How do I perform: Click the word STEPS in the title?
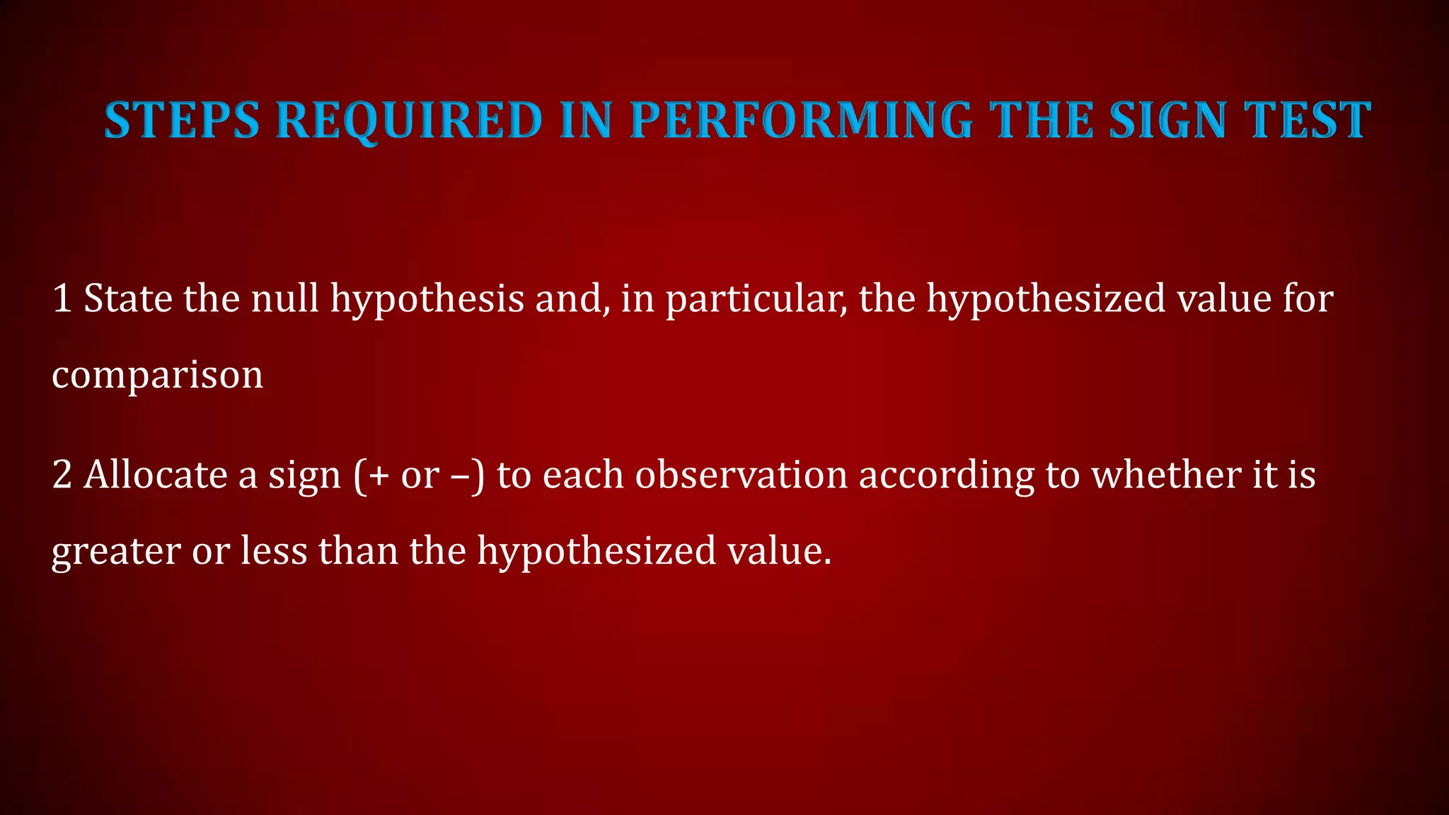coord(182,120)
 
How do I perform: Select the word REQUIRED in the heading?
coord(410,120)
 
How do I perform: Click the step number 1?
coord(62,299)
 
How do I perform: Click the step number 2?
coord(62,475)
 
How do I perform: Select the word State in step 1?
coord(128,299)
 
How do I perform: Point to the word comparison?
coord(157,375)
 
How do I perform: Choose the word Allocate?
coord(156,475)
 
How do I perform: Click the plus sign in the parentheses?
coord(379,476)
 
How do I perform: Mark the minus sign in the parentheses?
coord(460,476)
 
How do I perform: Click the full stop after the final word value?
coord(826,563)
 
